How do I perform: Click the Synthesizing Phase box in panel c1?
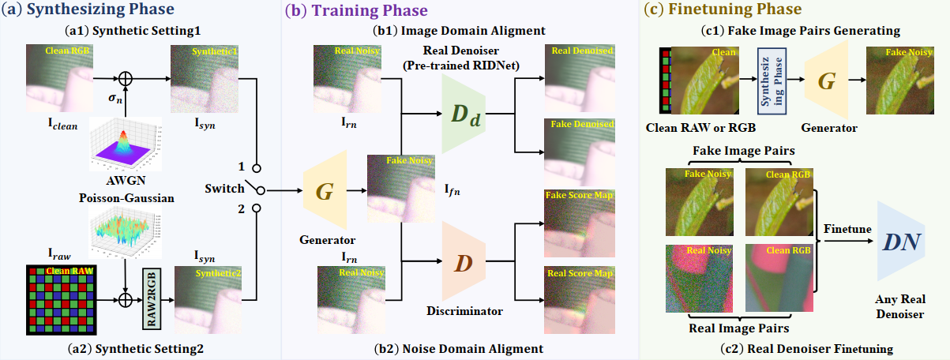tap(769, 81)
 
